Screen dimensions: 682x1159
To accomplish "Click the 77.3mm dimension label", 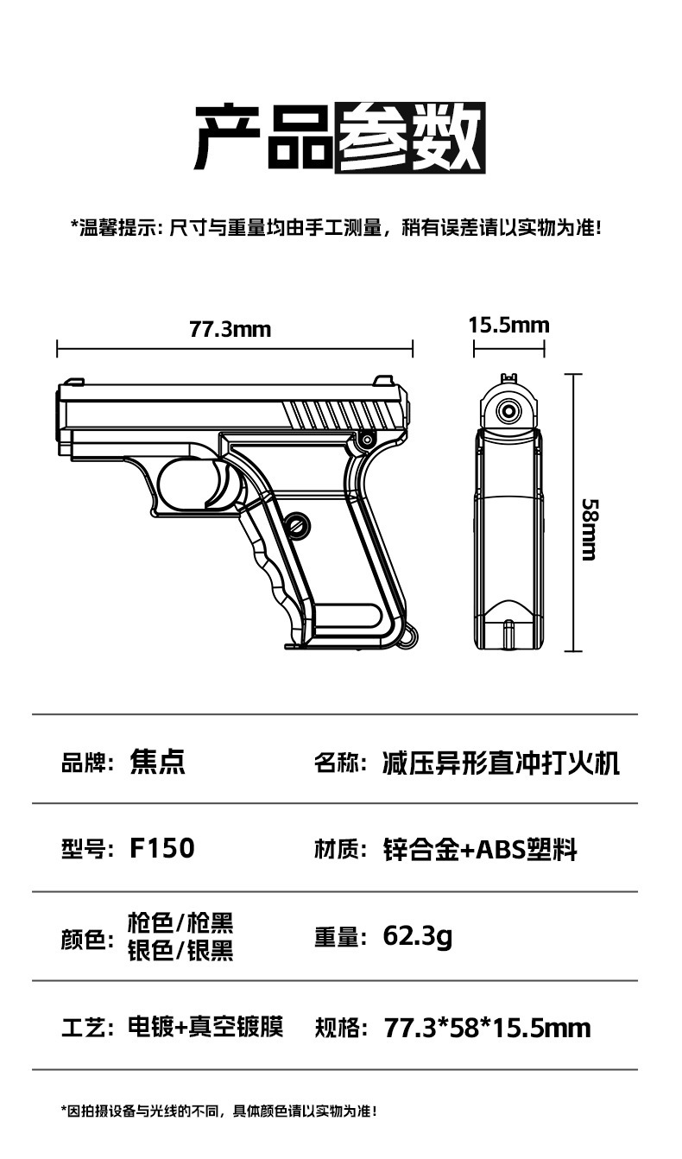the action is (x=230, y=329).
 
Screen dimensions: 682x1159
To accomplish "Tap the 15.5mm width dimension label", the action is (x=508, y=325).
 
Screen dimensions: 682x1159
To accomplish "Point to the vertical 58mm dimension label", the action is (x=589, y=529).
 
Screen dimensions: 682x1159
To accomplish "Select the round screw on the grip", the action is (x=299, y=522).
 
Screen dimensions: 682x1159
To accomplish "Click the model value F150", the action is (x=162, y=848).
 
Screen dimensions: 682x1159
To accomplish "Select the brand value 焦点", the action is (x=157, y=762).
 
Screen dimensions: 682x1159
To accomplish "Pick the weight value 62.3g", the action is (x=418, y=936).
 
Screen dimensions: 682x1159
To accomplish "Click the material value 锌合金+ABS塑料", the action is (x=480, y=850).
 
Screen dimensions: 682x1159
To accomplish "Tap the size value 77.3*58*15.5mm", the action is (x=487, y=1028).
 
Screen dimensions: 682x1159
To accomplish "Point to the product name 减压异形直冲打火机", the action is (x=501, y=763).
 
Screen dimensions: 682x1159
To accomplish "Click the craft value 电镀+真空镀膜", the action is (x=205, y=1027).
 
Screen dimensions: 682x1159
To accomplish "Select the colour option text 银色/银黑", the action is (x=180, y=951).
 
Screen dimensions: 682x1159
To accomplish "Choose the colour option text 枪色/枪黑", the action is (x=180, y=923).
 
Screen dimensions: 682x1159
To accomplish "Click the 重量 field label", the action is (x=336, y=938).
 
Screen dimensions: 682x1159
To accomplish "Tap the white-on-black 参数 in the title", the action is (x=410, y=136).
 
